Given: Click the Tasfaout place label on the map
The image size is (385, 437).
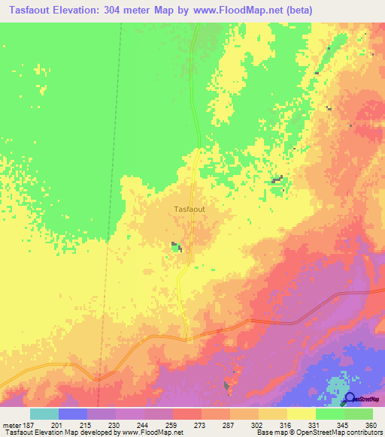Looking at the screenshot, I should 189,209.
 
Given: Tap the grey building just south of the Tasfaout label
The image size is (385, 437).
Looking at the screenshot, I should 177,246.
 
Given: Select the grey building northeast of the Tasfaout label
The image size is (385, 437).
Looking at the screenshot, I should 277,179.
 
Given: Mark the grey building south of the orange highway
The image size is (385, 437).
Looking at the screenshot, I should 227,386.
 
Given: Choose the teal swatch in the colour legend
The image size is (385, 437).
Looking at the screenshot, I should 44,414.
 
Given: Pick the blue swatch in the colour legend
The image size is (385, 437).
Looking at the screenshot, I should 73,414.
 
